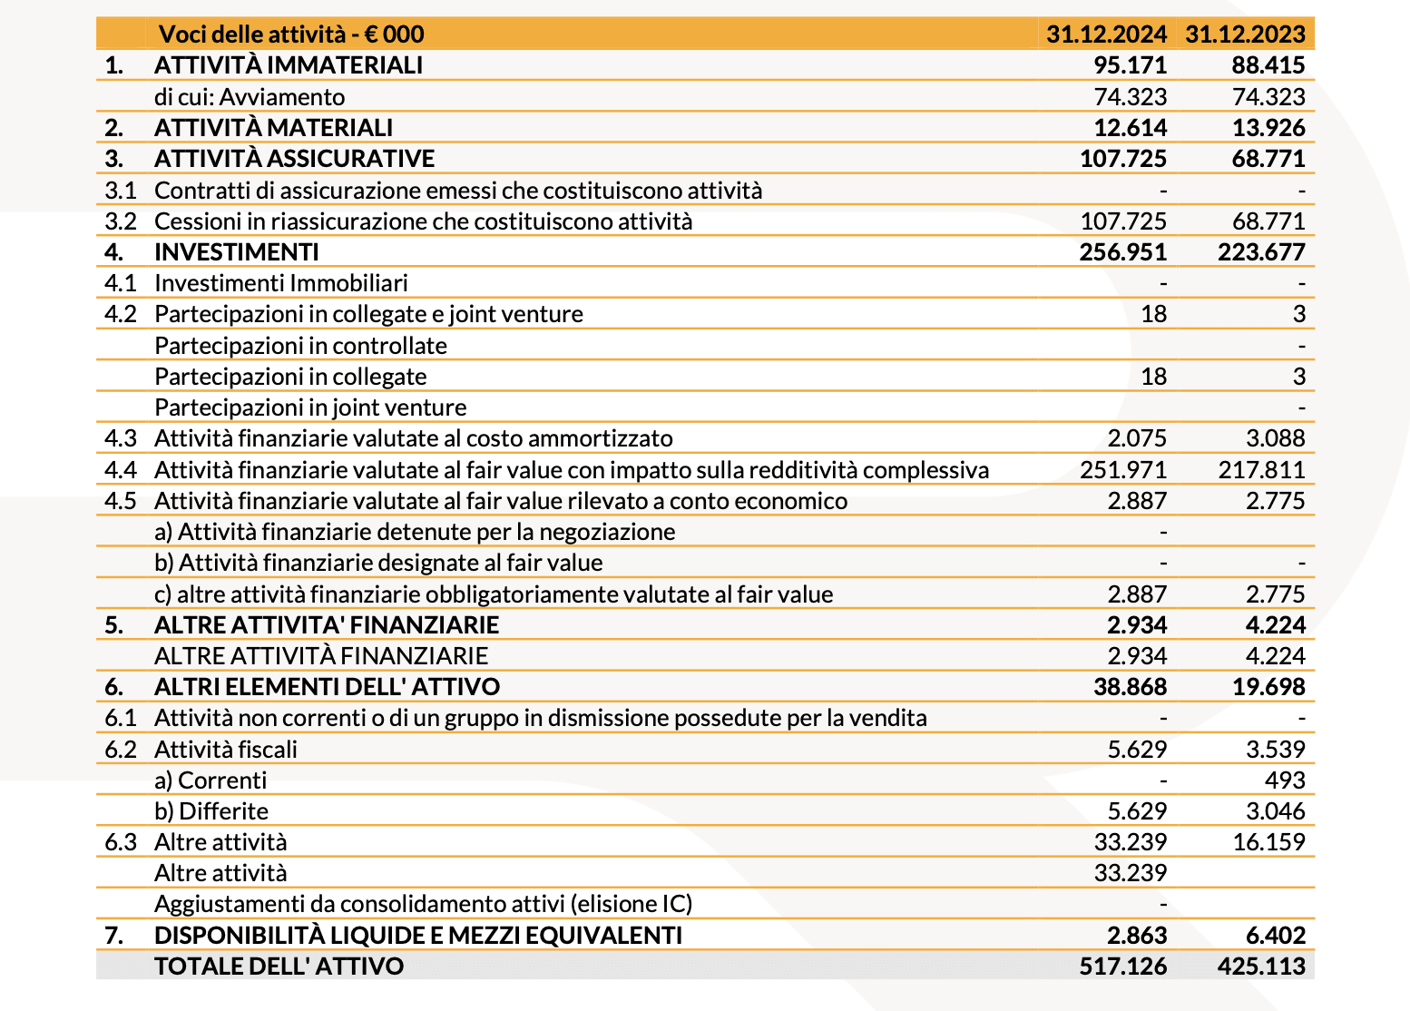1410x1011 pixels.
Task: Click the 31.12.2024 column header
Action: click(x=1106, y=34)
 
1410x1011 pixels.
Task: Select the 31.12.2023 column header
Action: click(x=1245, y=34)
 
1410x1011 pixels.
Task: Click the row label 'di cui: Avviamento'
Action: click(x=250, y=97)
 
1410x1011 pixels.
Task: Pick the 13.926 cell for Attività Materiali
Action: click(x=1268, y=128)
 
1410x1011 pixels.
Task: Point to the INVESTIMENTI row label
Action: click(x=237, y=252)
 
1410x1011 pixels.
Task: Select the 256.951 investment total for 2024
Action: click(x=1123, y=252)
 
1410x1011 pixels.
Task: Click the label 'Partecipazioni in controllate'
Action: click(x=300, y=346)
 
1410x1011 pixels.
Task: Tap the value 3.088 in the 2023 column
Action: click(x=1275, y=439)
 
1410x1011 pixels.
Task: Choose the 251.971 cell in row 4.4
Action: click(x=1123, y=470)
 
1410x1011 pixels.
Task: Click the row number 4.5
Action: click(x=120, y=501)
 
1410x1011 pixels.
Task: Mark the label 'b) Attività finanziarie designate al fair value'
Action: click(x=378, y=563)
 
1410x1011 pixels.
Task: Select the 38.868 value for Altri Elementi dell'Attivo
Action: click(x=1131, y=687)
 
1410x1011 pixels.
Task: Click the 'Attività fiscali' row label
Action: click(x=226, y=750)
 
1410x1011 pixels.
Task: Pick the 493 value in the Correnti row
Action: click(x=1285, y=780)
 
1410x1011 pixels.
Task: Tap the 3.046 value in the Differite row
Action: click(x=1275, y=811)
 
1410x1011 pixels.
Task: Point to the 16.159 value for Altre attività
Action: click(x=1268, y=842)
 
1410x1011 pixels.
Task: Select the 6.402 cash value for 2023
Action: click(x=1275, y=936)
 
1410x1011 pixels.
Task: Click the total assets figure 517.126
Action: click(x=1123, y=967)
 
